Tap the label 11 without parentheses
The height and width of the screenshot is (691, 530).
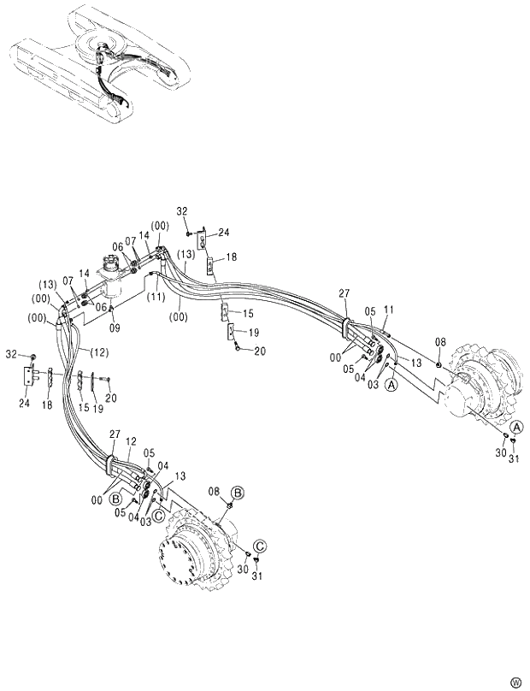click(x=390, y=310)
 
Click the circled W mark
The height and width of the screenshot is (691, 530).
click(x=515, y=681)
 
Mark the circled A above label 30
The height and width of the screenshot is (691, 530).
click(x=516, y=427)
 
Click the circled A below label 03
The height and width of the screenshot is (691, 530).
click(x=392, y=386)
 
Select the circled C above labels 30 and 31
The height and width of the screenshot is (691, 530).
click(x=258, y=545)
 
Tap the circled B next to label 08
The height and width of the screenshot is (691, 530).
click(x=238, y=492)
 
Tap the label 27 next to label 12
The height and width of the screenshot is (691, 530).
click(x=115, y=435)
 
